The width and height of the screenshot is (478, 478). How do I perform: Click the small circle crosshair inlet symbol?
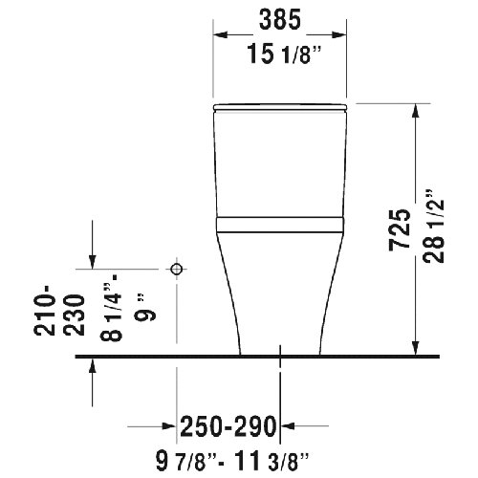pos(175,270)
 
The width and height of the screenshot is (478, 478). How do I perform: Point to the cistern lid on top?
pos(278,102)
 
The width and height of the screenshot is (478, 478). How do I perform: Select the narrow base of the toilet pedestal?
pos(278,339)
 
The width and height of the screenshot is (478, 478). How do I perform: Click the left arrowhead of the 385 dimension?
pos(219,34)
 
